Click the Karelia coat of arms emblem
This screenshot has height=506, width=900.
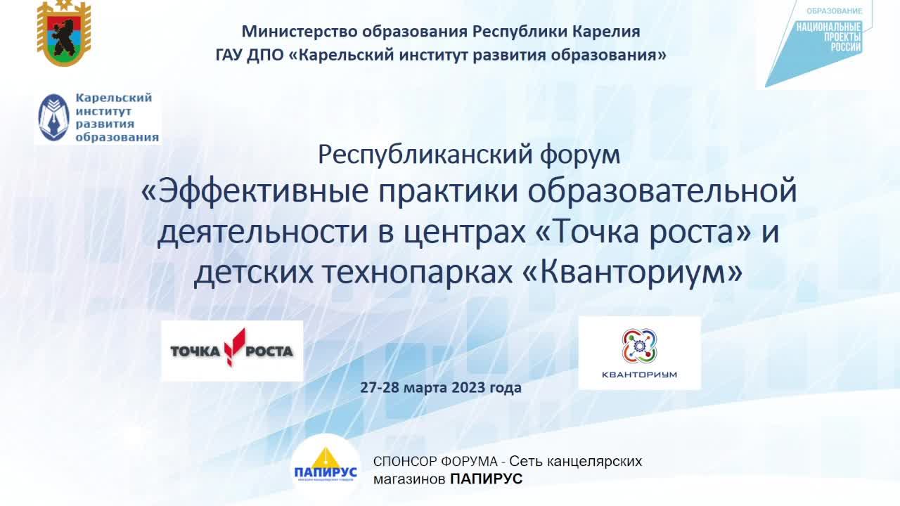[x=64, y=34]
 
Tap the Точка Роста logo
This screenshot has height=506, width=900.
[x=232, y=351]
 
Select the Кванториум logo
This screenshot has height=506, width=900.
[x=639, y=353]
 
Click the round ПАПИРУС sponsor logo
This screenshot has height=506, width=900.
[x=325, y=467]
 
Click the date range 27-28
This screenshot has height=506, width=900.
[x=380, y=387]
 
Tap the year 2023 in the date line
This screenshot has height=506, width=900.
[x=468, y=387]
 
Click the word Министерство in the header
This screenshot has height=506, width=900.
[x=298, y=32]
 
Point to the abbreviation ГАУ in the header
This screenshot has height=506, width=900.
[x=229, y=55]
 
